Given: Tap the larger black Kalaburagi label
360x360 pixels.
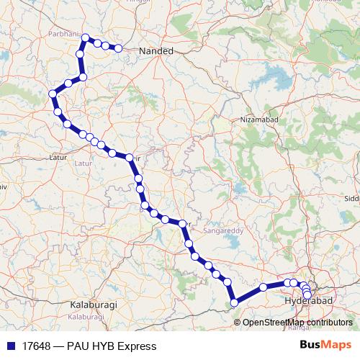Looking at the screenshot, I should point(91,305).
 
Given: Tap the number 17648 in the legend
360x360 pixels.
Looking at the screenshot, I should point(36,346).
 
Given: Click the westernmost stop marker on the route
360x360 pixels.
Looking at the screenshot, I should point(53,94).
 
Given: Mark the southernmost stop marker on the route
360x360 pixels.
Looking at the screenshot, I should point(233,303).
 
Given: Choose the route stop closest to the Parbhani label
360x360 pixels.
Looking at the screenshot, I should point(85,37).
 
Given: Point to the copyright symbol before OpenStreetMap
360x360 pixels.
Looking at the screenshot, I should point(239,322).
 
